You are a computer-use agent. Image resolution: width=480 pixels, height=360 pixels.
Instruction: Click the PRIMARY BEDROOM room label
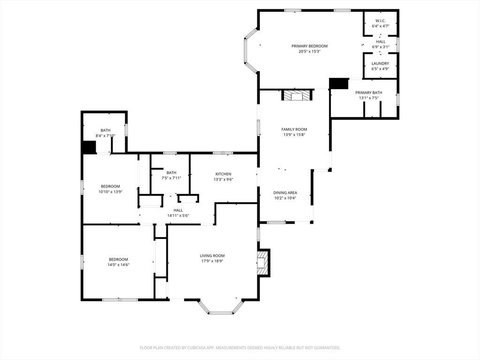pyautogui.click(x=309, y=46)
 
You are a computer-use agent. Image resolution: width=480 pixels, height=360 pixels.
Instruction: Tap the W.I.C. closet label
pyautogui.click(x=381, y=21)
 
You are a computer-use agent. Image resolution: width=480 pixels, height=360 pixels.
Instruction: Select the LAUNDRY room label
pyautogui.click(x=380, y=63)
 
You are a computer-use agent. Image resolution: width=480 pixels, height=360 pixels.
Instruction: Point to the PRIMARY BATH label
pyautogui.click(x=368, y=92)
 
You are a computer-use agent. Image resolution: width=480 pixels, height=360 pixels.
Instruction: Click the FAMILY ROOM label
pyautogui.click(x=294, y=129)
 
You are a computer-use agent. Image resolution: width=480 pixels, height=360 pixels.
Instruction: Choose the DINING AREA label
pyautogui.click(x=285, y=193)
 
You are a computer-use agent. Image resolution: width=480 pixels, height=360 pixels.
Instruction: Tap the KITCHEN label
pyautogui.click(x=223, y=174)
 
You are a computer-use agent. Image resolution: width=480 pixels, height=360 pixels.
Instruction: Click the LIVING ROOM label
pyautogui.click(x=212, y=255)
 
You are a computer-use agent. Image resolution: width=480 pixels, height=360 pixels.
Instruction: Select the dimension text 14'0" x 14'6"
pyautogui.click(x=118, y=265)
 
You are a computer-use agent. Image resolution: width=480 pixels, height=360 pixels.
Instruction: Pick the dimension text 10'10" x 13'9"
pyautogui.click(x=110, y=192)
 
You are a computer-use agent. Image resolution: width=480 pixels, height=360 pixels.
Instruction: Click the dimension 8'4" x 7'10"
pyautogui.click(x=105, y=135)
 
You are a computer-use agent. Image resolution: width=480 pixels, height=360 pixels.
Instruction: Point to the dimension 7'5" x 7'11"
pyautogui.click(x=172, y=178)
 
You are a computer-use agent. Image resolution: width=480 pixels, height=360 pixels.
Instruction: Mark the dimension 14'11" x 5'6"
pyautogui.click(x=178, y=216)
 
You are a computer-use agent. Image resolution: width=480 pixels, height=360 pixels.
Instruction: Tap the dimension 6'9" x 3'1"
pyautogui.click(x=381, y=47)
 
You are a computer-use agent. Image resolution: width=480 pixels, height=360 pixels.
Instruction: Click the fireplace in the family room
pyautogui.click(x=297, y=95)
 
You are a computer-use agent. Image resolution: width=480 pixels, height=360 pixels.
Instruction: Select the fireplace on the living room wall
pyautogui.click(x=263, y=262)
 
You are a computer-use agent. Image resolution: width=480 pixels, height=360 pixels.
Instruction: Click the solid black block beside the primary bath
pyautogui.click(x=339, y=84)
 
